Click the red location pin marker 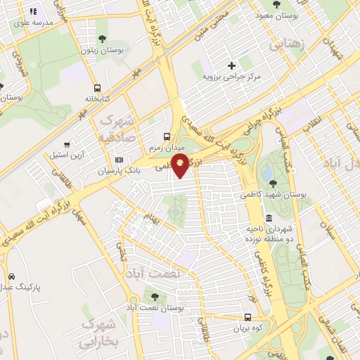(x=181, y=166)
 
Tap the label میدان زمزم (x=166, y=148)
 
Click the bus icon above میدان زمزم (x=167, y=136)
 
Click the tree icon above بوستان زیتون (x=103, y=39)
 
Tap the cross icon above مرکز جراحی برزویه (x=231, y=65)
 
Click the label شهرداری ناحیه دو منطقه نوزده (x=269, y=235)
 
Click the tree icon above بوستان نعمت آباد (x=155, y=297)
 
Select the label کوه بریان (x=248, y=328)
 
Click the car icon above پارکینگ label (x=11, y=276)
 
